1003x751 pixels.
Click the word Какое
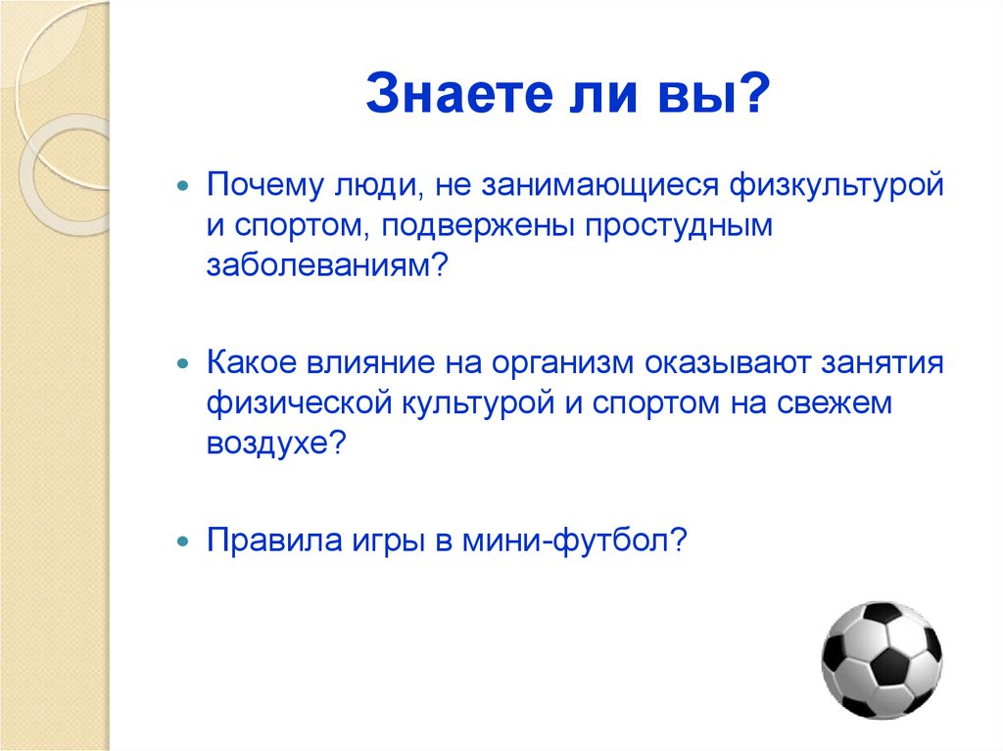coord(254,363)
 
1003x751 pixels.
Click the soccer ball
coord(881,660)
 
